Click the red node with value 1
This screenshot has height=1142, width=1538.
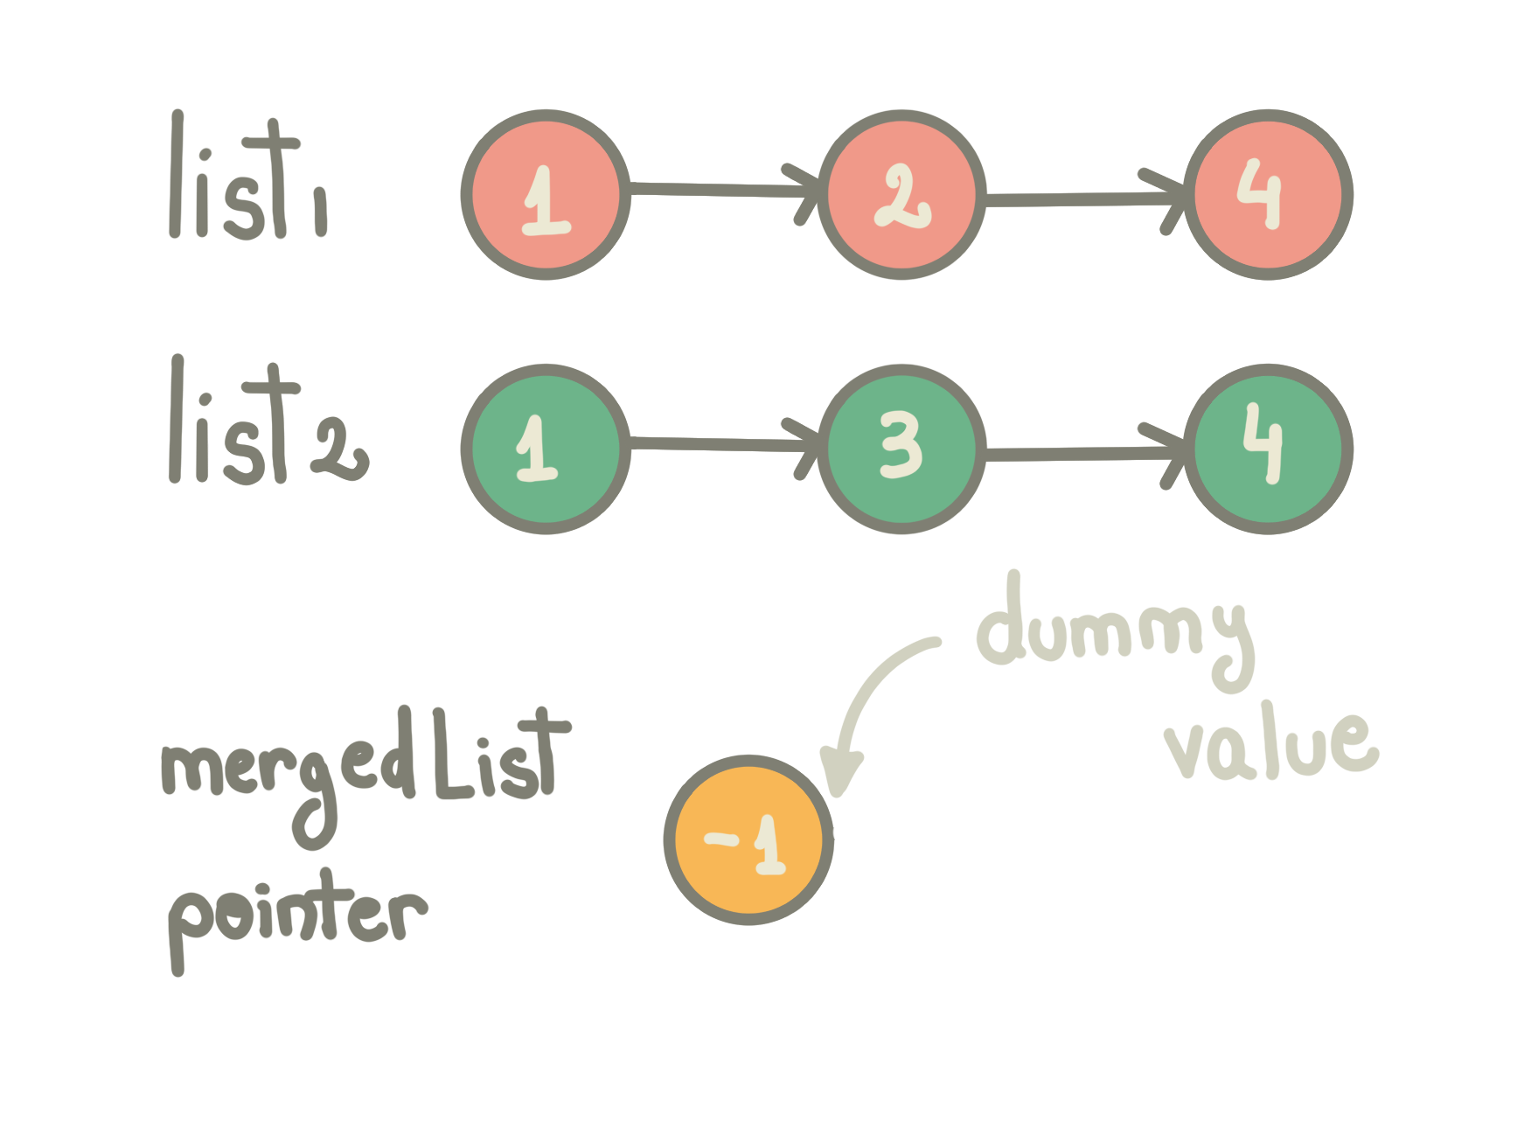pos(546,195)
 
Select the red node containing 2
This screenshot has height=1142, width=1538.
pos(901,195)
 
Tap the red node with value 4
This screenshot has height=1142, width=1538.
pos(1268,195)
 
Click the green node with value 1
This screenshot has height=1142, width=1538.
pos(546,449)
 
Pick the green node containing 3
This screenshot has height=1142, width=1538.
pos(901,449)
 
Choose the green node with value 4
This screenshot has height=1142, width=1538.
pos(1268,449)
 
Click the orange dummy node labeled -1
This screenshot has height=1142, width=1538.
pos(748,839)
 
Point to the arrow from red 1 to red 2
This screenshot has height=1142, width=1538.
pos(721,190)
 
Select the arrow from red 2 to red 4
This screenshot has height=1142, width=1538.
pos(1084,200)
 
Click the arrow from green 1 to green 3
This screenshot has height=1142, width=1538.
pos(721,444)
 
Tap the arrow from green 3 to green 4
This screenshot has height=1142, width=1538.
pos(1084,454)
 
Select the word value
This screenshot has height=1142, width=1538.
pos(1272,748)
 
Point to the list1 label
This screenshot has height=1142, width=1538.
pos(249,179)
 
